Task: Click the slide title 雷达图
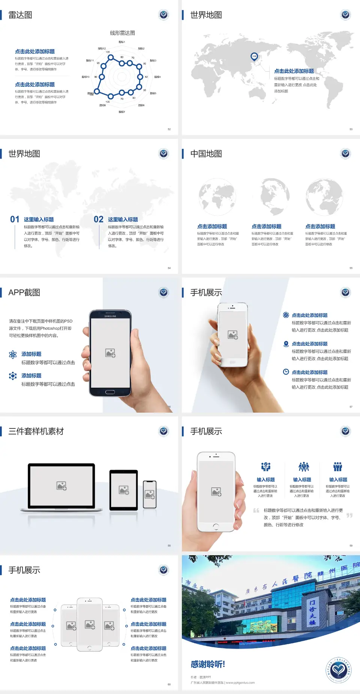pos(20,15)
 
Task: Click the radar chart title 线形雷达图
pos(122,33)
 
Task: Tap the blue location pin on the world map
pos(254,56)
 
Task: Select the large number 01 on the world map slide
pos(15,219)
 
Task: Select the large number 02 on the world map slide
pos(99,219)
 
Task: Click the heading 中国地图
pos(206,154)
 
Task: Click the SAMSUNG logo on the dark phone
pos(110,316)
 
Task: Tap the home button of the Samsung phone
pos(110,392)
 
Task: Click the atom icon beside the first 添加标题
pos(13,355)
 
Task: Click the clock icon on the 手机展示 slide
pos(286,372)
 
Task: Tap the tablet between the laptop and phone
pos(124,490)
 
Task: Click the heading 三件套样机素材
pos(36,431)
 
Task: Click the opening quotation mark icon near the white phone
pos(256,511)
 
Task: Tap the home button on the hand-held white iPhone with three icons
pos(216,527)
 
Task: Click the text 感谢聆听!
pos(208,664)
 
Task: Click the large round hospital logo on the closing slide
pos(338,670)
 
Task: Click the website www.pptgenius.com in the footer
pos(240,683)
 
